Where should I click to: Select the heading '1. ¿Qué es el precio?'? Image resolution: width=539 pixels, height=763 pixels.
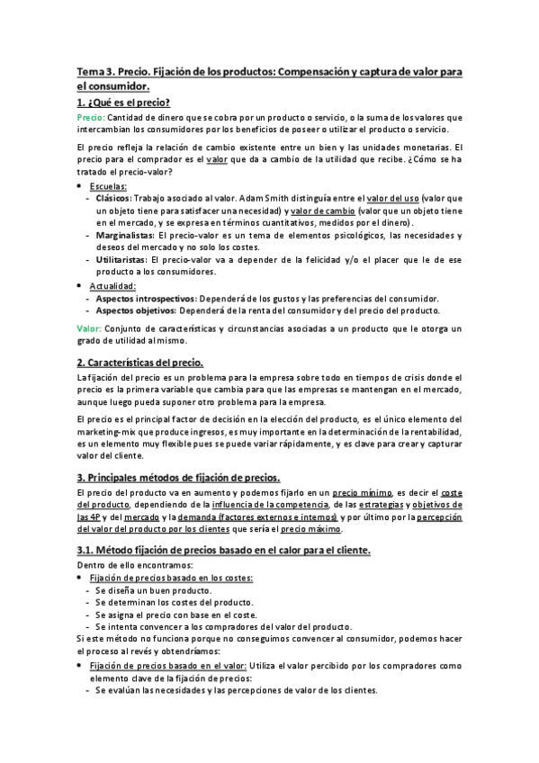coord(123,103)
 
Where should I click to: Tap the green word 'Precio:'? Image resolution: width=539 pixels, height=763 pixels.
coord(91,118)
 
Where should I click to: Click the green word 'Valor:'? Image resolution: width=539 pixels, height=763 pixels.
coord(88,328)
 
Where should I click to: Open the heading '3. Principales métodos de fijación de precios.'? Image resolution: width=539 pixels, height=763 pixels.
coord(178,477)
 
